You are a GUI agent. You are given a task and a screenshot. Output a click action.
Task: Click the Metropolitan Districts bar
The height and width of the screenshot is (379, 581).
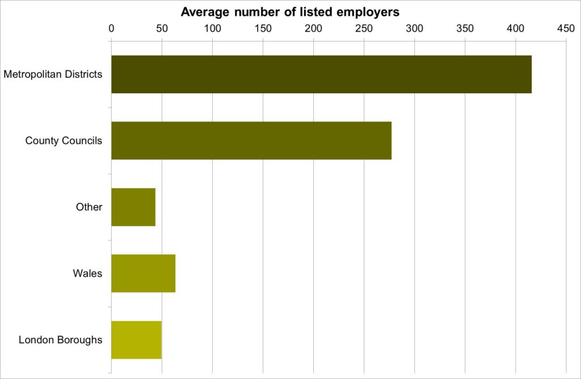pos(321,74)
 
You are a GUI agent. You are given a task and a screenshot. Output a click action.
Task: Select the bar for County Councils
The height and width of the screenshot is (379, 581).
pos(251,140)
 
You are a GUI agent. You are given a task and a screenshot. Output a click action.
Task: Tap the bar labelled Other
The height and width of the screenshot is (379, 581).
pos(133,207)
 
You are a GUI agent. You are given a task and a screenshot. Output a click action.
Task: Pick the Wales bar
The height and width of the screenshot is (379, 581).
pos(143,273)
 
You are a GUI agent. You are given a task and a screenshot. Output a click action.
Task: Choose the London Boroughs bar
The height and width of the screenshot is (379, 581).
pos(136,340)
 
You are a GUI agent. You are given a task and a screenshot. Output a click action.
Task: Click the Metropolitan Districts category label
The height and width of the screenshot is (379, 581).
pos(53,74)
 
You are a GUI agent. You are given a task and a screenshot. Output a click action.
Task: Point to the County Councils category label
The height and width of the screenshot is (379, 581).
pos(64,140)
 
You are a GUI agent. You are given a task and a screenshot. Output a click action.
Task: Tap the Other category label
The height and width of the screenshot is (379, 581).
pos(89,207)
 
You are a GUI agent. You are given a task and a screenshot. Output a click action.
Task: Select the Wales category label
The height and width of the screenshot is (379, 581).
pos(87,273)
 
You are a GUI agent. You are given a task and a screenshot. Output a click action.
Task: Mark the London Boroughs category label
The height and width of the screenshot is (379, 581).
pos(60,340)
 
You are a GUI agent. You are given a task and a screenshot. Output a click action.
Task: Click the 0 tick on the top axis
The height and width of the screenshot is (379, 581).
pos(111,28)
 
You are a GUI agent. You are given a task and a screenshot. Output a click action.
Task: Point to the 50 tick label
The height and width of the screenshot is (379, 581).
pos(162,28)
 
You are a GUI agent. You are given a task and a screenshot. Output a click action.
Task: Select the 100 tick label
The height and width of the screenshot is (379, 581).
pos(212,28)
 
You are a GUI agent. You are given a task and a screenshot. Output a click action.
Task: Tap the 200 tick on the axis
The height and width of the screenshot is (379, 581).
pos(313,28)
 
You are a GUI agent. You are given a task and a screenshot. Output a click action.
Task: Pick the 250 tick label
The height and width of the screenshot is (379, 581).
pos(364,28)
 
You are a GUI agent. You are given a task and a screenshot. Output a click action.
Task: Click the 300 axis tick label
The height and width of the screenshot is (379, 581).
pos(415,28)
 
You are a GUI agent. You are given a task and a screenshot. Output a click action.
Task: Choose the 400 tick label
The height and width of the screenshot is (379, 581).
pos(516,28)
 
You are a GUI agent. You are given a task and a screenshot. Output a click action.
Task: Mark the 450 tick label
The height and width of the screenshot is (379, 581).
pos(566,28)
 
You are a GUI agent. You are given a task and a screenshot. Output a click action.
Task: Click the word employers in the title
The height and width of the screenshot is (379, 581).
pos(369,12)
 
